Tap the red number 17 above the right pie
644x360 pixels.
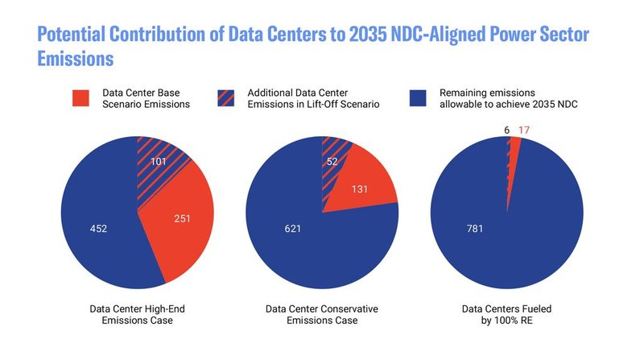tap(523, 130)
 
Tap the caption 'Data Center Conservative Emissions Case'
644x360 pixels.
tap(322, 314)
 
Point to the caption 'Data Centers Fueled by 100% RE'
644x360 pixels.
tap(506, 314)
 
